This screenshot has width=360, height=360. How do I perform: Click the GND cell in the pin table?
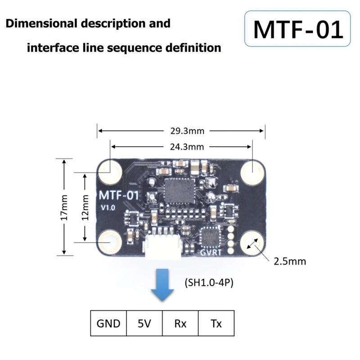click(108, 323)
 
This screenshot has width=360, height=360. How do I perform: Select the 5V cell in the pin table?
click(144, 323)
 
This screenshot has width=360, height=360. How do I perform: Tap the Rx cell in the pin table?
click(180, 323)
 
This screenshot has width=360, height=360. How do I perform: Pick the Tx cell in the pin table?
click(216, 323)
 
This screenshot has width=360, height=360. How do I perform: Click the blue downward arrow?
click(162, 284)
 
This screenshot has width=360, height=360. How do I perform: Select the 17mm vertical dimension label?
click(65, 207)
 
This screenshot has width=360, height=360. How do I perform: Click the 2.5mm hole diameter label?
click(289, 261)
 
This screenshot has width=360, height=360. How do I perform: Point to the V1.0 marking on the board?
click(108, 208)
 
